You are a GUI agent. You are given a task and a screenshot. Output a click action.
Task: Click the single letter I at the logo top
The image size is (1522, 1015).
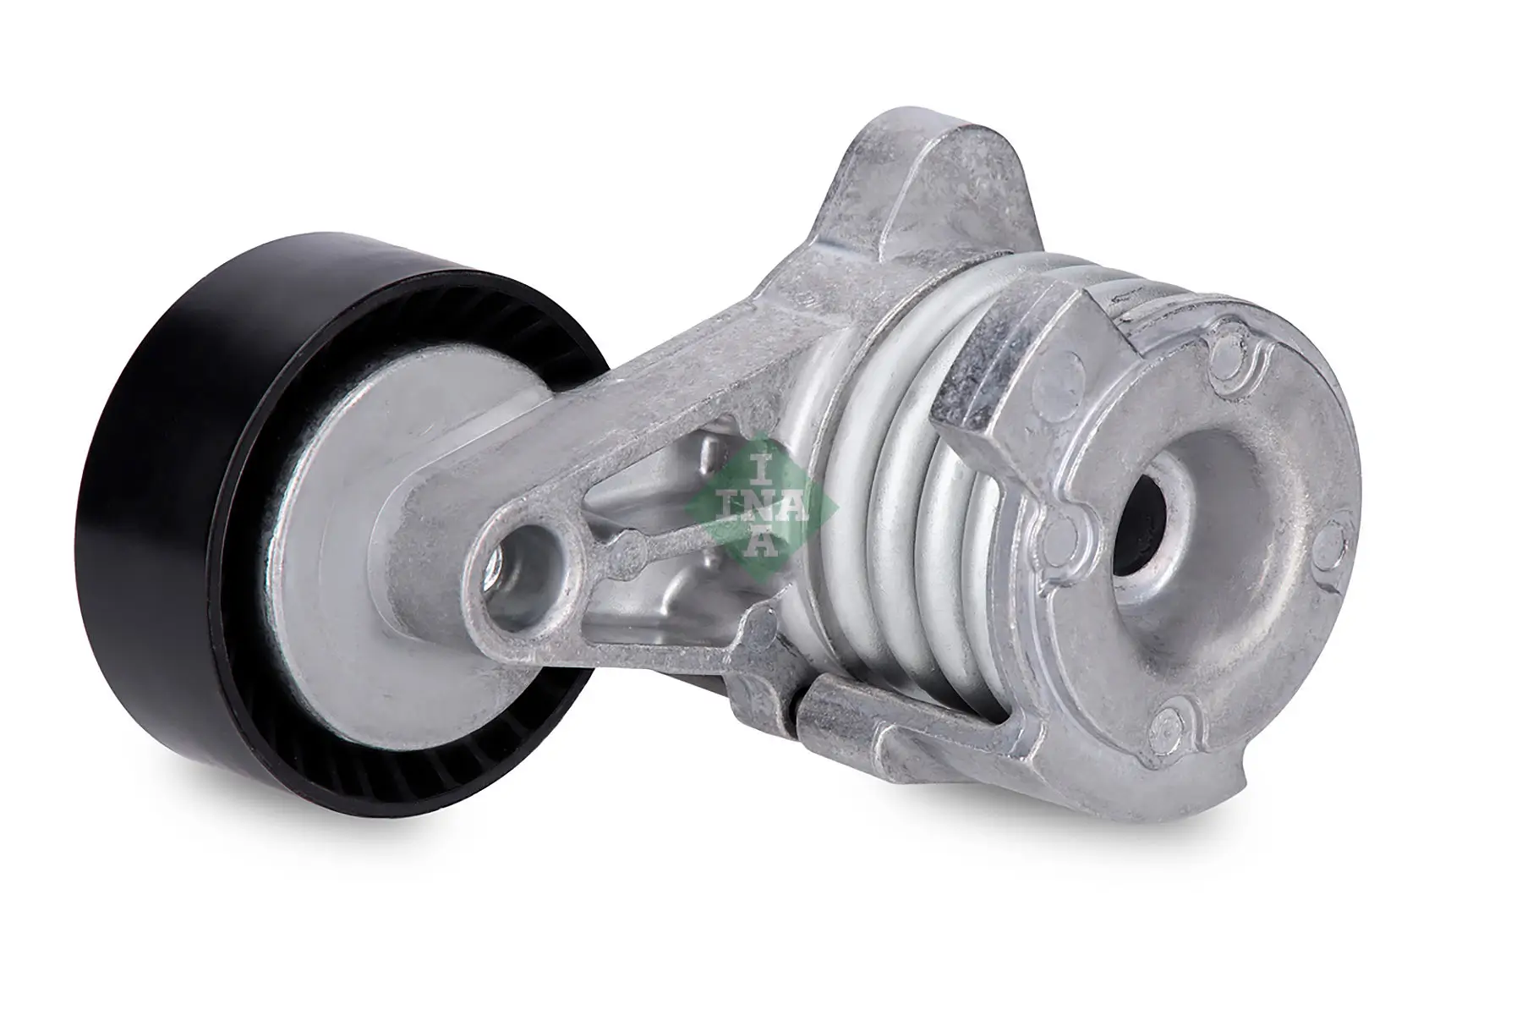tap(763, 464)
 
